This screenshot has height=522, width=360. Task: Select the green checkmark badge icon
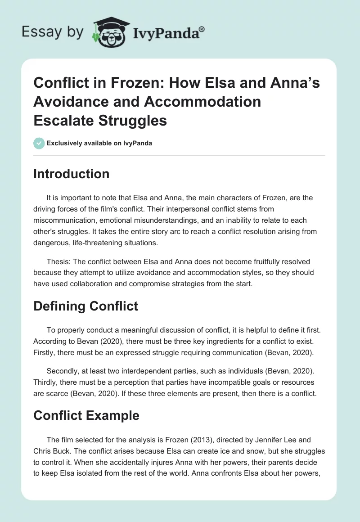point(39,143)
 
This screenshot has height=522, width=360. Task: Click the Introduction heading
point(71,174)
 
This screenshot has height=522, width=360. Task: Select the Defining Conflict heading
point(85,306)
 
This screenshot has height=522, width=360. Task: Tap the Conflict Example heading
point(86,416)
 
